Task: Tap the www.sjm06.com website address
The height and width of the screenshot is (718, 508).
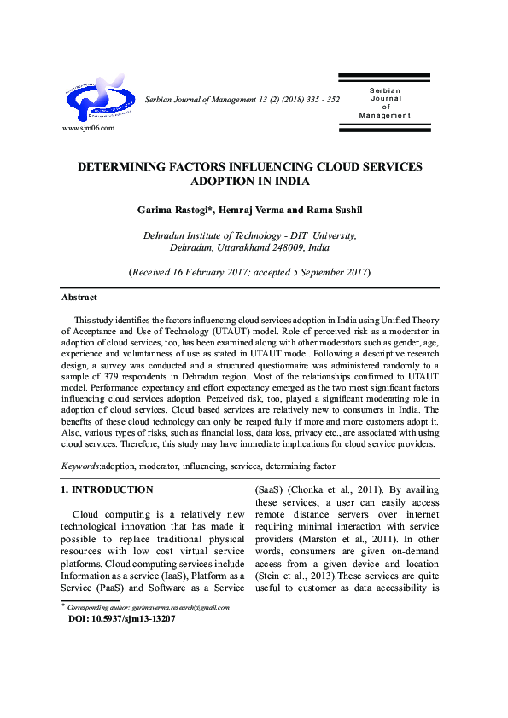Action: coord(89,128)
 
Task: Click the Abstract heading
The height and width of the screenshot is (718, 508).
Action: coord(79,298)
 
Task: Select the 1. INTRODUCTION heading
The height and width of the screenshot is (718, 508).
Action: coord(108,490)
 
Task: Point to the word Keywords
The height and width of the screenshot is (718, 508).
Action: coord(81,466)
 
